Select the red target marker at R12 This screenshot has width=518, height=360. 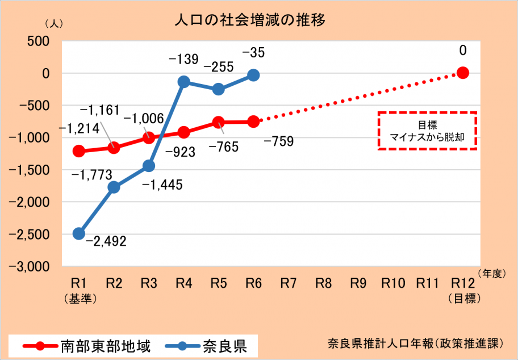pyautogui.click(x=463, y=73)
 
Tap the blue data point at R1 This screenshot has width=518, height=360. pyautogui.click(x=79, y=233)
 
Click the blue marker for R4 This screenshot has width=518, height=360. pyautogui.click(x=183, y=82)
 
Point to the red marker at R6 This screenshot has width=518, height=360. pyautogui.click(x=253, y=122)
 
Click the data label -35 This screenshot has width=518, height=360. pyautogui.click(x=253, y=53)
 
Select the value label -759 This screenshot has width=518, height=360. pyautogui.click(x=278, y=141)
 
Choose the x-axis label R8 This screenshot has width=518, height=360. pyautogui.click(x=323, y=282)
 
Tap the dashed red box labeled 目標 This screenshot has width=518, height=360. pyautogui.click(x=427, y=130)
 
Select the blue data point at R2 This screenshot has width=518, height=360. pyautogui.click(x=114, y=187)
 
